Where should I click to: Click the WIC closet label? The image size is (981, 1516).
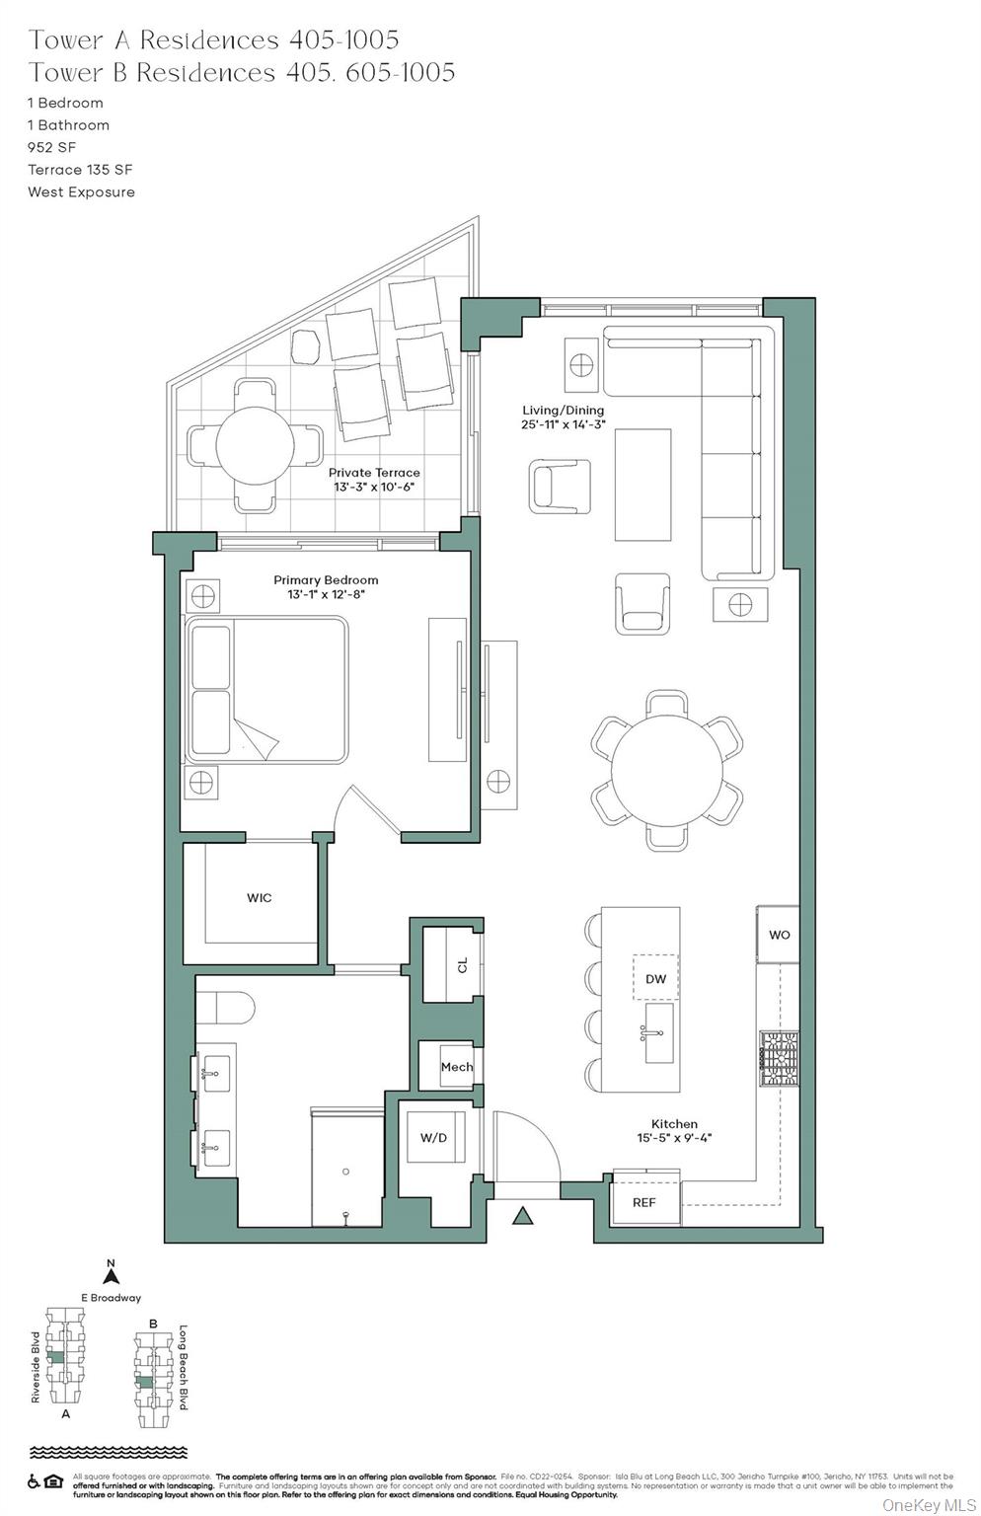pos(260,898)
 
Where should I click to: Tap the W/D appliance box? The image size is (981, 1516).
pos(433,1137)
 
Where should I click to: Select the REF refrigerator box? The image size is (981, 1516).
pos(643,1202)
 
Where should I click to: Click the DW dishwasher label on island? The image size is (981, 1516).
pos(655,979)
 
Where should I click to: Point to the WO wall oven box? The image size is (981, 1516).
pos(779,935)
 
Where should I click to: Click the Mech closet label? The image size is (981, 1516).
pos(456,1067)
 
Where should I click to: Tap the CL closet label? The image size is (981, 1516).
pos(463,965)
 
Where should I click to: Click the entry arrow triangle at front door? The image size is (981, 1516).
pos(523,1216)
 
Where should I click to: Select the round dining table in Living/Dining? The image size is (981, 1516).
pos(667,771)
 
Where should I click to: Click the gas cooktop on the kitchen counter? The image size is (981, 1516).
pos(779,1059)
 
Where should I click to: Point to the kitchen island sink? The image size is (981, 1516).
pos(659,1033)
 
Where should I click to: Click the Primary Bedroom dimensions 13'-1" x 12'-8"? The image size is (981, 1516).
pos(326,595)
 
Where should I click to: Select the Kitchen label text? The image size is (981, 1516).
pos(674,1123)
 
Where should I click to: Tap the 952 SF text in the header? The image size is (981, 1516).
pos(51,147)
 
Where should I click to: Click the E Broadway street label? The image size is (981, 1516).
pos(111,1298)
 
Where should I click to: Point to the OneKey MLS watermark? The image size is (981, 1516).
pos(928,1504)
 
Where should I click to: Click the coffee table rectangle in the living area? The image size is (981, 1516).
pos(642,485)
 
